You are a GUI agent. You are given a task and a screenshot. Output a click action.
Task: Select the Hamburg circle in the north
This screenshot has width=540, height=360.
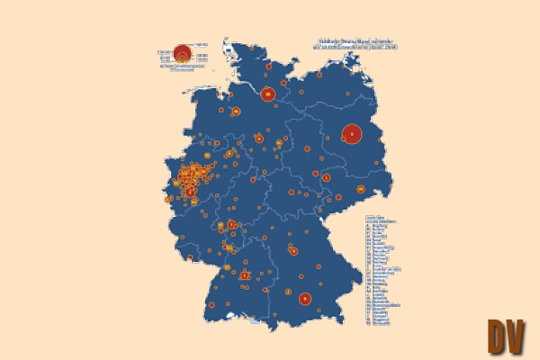tap(267, 94)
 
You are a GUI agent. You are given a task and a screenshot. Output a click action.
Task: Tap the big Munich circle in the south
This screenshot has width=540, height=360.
tap(305, 299)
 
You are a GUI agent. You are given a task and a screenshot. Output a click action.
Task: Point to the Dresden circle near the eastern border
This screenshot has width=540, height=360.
tap(362, 190)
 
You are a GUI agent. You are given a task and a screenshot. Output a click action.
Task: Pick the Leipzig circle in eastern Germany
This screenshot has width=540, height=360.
tap(326, 177)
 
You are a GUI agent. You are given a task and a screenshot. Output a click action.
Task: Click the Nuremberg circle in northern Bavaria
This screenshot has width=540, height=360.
tap(293, 251)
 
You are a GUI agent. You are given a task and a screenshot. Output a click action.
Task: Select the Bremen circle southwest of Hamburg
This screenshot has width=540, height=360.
tap(236, 112)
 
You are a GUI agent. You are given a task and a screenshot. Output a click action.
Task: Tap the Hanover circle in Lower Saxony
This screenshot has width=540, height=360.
tap(259, 139)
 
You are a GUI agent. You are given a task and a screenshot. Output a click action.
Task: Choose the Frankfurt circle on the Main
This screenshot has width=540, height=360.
tap(231, 224)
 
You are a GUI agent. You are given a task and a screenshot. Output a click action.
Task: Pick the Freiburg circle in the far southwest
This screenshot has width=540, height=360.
tap(211, 306)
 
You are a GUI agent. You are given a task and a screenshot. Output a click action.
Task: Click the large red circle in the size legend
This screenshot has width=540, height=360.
tap(181, 51)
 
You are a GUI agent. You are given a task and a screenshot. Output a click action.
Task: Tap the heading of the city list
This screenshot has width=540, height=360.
tap(375, 219)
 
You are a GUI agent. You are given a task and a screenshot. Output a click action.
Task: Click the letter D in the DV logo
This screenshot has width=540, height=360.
tap(499, 336)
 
